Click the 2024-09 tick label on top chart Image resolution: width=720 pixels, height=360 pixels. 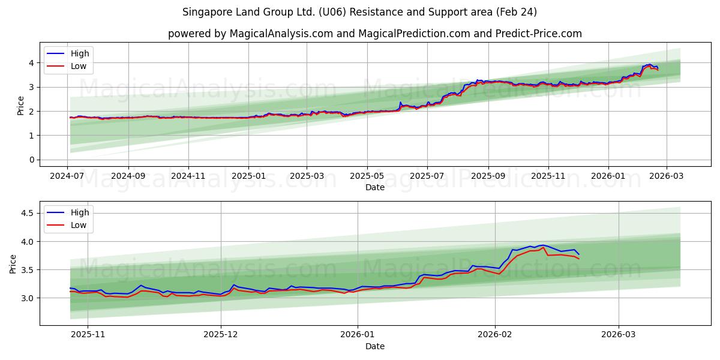[x=128, y=177]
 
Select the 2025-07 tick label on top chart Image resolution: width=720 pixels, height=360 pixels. [x=427, y=177]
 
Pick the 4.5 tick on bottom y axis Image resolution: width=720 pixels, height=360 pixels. [x=28, y=213]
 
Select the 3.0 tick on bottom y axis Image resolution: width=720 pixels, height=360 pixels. [x=28, y=298]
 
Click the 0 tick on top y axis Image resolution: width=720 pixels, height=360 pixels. [x=31, y=160]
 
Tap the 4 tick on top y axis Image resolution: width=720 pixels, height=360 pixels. [x=31, y=62]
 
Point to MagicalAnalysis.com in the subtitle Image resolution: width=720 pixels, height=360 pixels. [x=281, y=34]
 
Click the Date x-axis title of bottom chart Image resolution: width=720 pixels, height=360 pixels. [x=375, y=346]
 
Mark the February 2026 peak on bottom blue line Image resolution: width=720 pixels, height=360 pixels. [x=543, y=245]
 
